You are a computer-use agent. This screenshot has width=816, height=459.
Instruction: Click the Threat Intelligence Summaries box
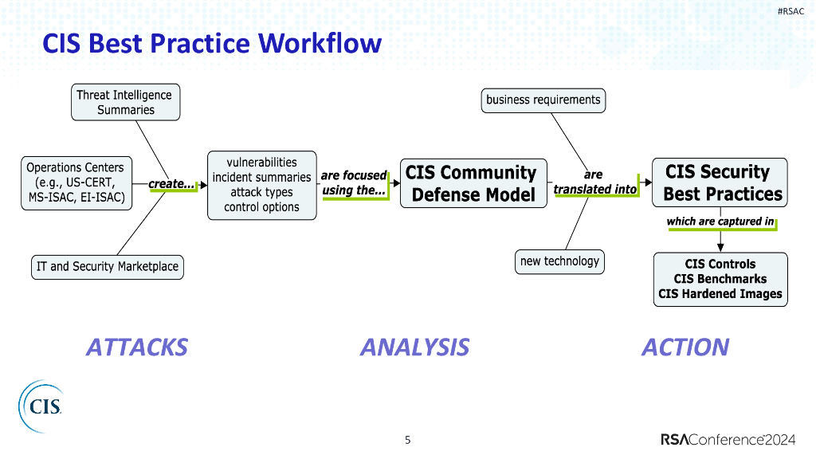pos(125,102)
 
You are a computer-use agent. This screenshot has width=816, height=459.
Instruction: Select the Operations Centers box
pos(76,182)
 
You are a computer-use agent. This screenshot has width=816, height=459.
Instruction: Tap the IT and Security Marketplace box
pos(107,267)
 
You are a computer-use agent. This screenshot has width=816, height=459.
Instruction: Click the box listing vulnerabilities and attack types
pos(261,185)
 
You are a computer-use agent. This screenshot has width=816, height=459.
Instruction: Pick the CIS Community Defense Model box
pos(473,183)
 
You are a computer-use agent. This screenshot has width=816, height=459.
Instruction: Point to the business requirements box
pos(543,100)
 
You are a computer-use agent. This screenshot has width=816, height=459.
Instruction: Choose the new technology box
pos(559,261)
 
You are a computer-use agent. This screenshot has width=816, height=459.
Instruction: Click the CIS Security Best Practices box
pos(720,182)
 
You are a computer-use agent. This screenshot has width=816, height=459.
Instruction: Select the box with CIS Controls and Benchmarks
pos(720,279)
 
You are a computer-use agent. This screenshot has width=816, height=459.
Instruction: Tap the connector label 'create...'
pos(172,185)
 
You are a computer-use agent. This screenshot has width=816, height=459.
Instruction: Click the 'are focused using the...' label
pos(354,182)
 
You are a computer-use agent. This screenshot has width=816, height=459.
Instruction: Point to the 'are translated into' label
pos(594,182)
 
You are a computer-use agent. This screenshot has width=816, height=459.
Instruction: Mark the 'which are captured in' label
pos(720,222)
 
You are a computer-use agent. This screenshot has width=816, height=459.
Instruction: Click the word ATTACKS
pos(137,347)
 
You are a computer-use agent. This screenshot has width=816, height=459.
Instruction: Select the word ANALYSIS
pos(414,347)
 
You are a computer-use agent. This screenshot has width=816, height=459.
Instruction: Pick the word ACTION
pos(685,347)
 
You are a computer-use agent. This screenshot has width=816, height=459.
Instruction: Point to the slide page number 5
pos(408,439)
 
